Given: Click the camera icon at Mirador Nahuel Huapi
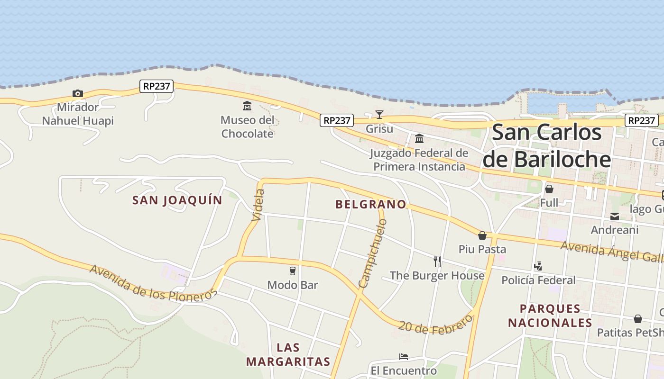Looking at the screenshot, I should (77, 94).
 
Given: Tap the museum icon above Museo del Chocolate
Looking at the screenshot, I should (247, 106).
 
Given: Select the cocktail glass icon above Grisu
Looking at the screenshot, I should (379, 114).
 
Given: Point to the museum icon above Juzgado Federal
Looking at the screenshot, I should (419, 139).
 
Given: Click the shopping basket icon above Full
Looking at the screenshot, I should (549, 189).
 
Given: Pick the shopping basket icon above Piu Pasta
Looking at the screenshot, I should (482, 235).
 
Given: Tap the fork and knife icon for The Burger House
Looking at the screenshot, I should (437, 261).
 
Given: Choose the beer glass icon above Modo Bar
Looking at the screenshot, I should (293, 271).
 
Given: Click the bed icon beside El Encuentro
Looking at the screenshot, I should (404, 357).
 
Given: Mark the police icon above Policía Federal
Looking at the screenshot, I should (538, 266).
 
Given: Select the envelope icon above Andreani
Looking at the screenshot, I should (615, 217).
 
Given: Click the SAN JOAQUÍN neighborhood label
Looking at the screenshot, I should (177, 200).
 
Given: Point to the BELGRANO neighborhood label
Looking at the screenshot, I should (371, 205).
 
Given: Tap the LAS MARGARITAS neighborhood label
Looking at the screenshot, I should (288, 355).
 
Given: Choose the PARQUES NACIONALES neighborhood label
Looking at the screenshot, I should (550, 316).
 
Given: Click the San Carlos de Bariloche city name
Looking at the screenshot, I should (546, 146).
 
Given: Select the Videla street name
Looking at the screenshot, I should (258, 205).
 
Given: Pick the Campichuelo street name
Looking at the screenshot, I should (373, 253).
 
